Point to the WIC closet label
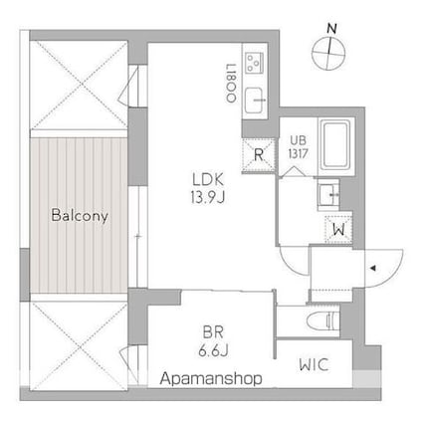pos(314,364)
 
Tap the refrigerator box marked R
pos(258,153)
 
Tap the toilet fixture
pos(323,320)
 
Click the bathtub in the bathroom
pos(331,141)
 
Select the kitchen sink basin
pos(256,98)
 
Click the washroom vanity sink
pos(330,192)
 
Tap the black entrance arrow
pos(374,268)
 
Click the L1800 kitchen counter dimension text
pos(230,81)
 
